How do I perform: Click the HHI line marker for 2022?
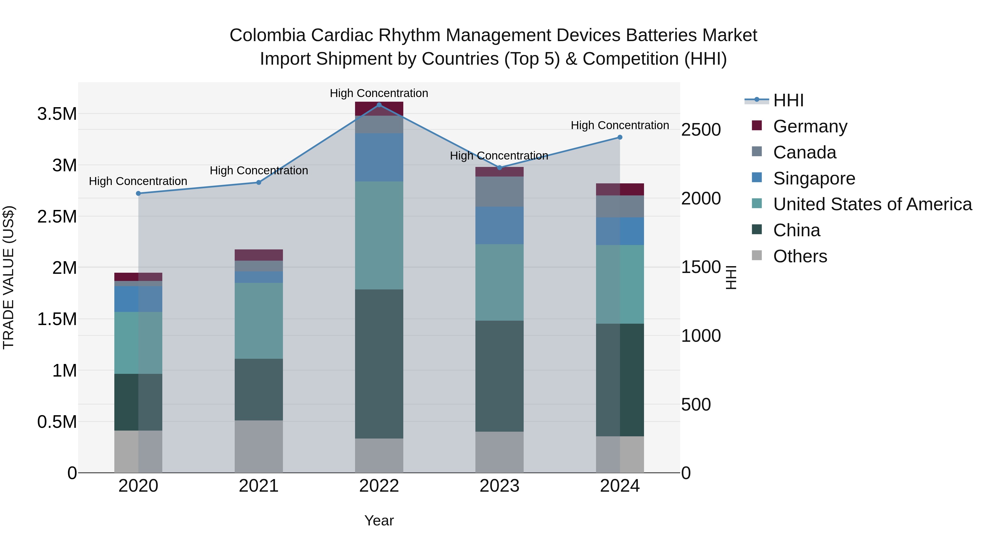379,105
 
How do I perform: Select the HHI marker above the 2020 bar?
138,193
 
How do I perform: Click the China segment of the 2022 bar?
379,364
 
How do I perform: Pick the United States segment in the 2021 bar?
259,321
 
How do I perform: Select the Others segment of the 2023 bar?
499,452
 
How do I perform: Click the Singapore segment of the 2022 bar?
379,157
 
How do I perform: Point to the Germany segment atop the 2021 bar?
259,255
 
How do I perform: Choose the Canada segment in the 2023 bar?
499,192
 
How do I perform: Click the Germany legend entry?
810,126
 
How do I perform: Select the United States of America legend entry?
872,204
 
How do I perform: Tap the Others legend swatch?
757,255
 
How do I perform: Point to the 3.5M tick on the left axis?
57,114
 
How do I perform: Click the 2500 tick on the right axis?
701,130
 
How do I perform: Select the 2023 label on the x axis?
499,486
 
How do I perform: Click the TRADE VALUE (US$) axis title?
8,277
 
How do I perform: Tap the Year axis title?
379,520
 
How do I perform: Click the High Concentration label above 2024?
620,125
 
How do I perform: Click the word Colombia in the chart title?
267,35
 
